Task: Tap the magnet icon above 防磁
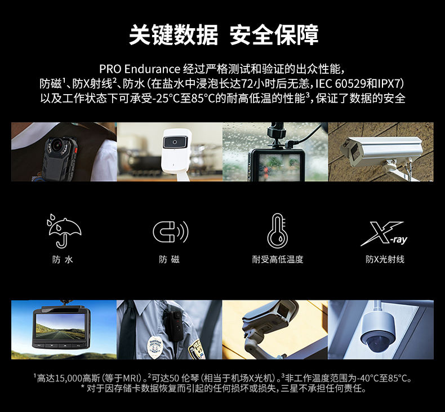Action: coord(170,231)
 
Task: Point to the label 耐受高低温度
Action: coord(277,259)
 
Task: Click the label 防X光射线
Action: coord(385,259)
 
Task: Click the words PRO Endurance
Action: coord(139,69)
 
